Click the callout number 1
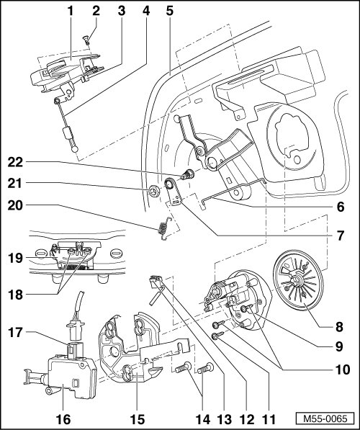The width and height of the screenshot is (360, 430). pos(71,12)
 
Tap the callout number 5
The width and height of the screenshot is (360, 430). pos(170,12)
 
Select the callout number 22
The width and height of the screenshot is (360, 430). pos(15,162)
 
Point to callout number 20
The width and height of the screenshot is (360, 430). pos(15,205)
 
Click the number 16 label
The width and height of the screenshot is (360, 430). pos(63,419)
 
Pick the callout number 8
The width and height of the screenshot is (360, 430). pos(339,326)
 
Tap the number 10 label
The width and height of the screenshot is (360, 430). pos(343,369)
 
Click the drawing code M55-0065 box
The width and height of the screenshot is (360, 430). pos(325,418)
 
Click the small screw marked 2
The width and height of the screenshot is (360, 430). pos(86,40)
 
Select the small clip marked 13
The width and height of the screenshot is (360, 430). pos(156,281)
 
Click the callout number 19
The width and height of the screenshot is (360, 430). pos(15,258)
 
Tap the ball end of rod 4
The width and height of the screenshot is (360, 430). pos(74,149)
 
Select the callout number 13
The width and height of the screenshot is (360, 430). pos(225,419)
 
